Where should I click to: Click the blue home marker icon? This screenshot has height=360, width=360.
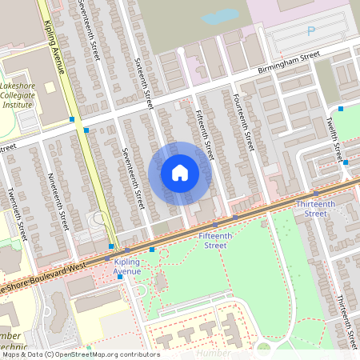pos(180,172)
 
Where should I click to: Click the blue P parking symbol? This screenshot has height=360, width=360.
pos(310,31)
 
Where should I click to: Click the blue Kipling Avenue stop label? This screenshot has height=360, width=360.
pos(126,266)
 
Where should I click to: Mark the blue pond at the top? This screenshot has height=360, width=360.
pos(220,16)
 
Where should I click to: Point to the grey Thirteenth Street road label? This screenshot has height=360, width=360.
pos(345,318)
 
